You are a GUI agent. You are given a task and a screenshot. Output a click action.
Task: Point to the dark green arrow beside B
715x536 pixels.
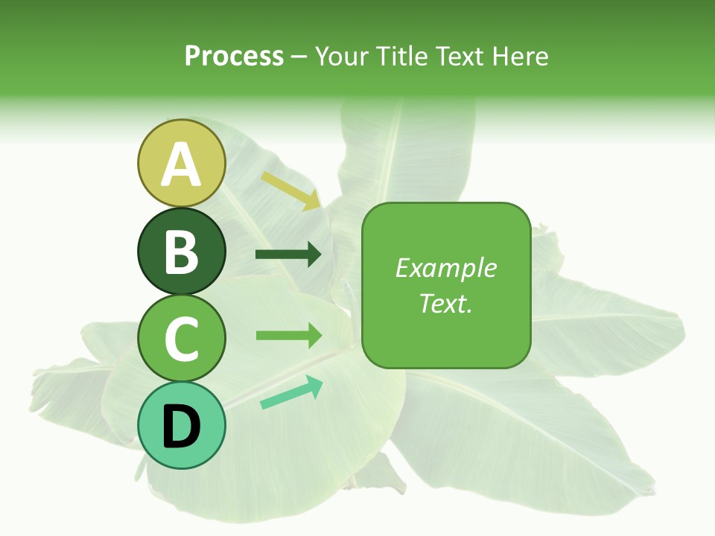pos(288,255)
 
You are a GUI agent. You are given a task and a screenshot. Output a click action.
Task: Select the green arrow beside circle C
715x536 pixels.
pos(288,335)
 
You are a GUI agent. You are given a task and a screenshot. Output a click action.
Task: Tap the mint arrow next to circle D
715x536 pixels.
pos(291,392)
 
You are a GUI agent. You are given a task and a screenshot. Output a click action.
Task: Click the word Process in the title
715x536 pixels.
pos(234,57)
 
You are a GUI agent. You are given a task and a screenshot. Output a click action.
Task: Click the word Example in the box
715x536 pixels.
pos(445,268)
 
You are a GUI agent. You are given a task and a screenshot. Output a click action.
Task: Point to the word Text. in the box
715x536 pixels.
pos(445,303)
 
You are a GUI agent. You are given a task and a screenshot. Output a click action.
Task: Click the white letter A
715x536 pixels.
pos(181,165)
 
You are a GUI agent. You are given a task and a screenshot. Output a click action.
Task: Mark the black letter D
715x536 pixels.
pos(181,427)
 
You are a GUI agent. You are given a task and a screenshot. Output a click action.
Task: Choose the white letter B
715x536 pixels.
pos(181,252)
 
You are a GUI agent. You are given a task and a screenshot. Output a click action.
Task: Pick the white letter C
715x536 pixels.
pos(181,339)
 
